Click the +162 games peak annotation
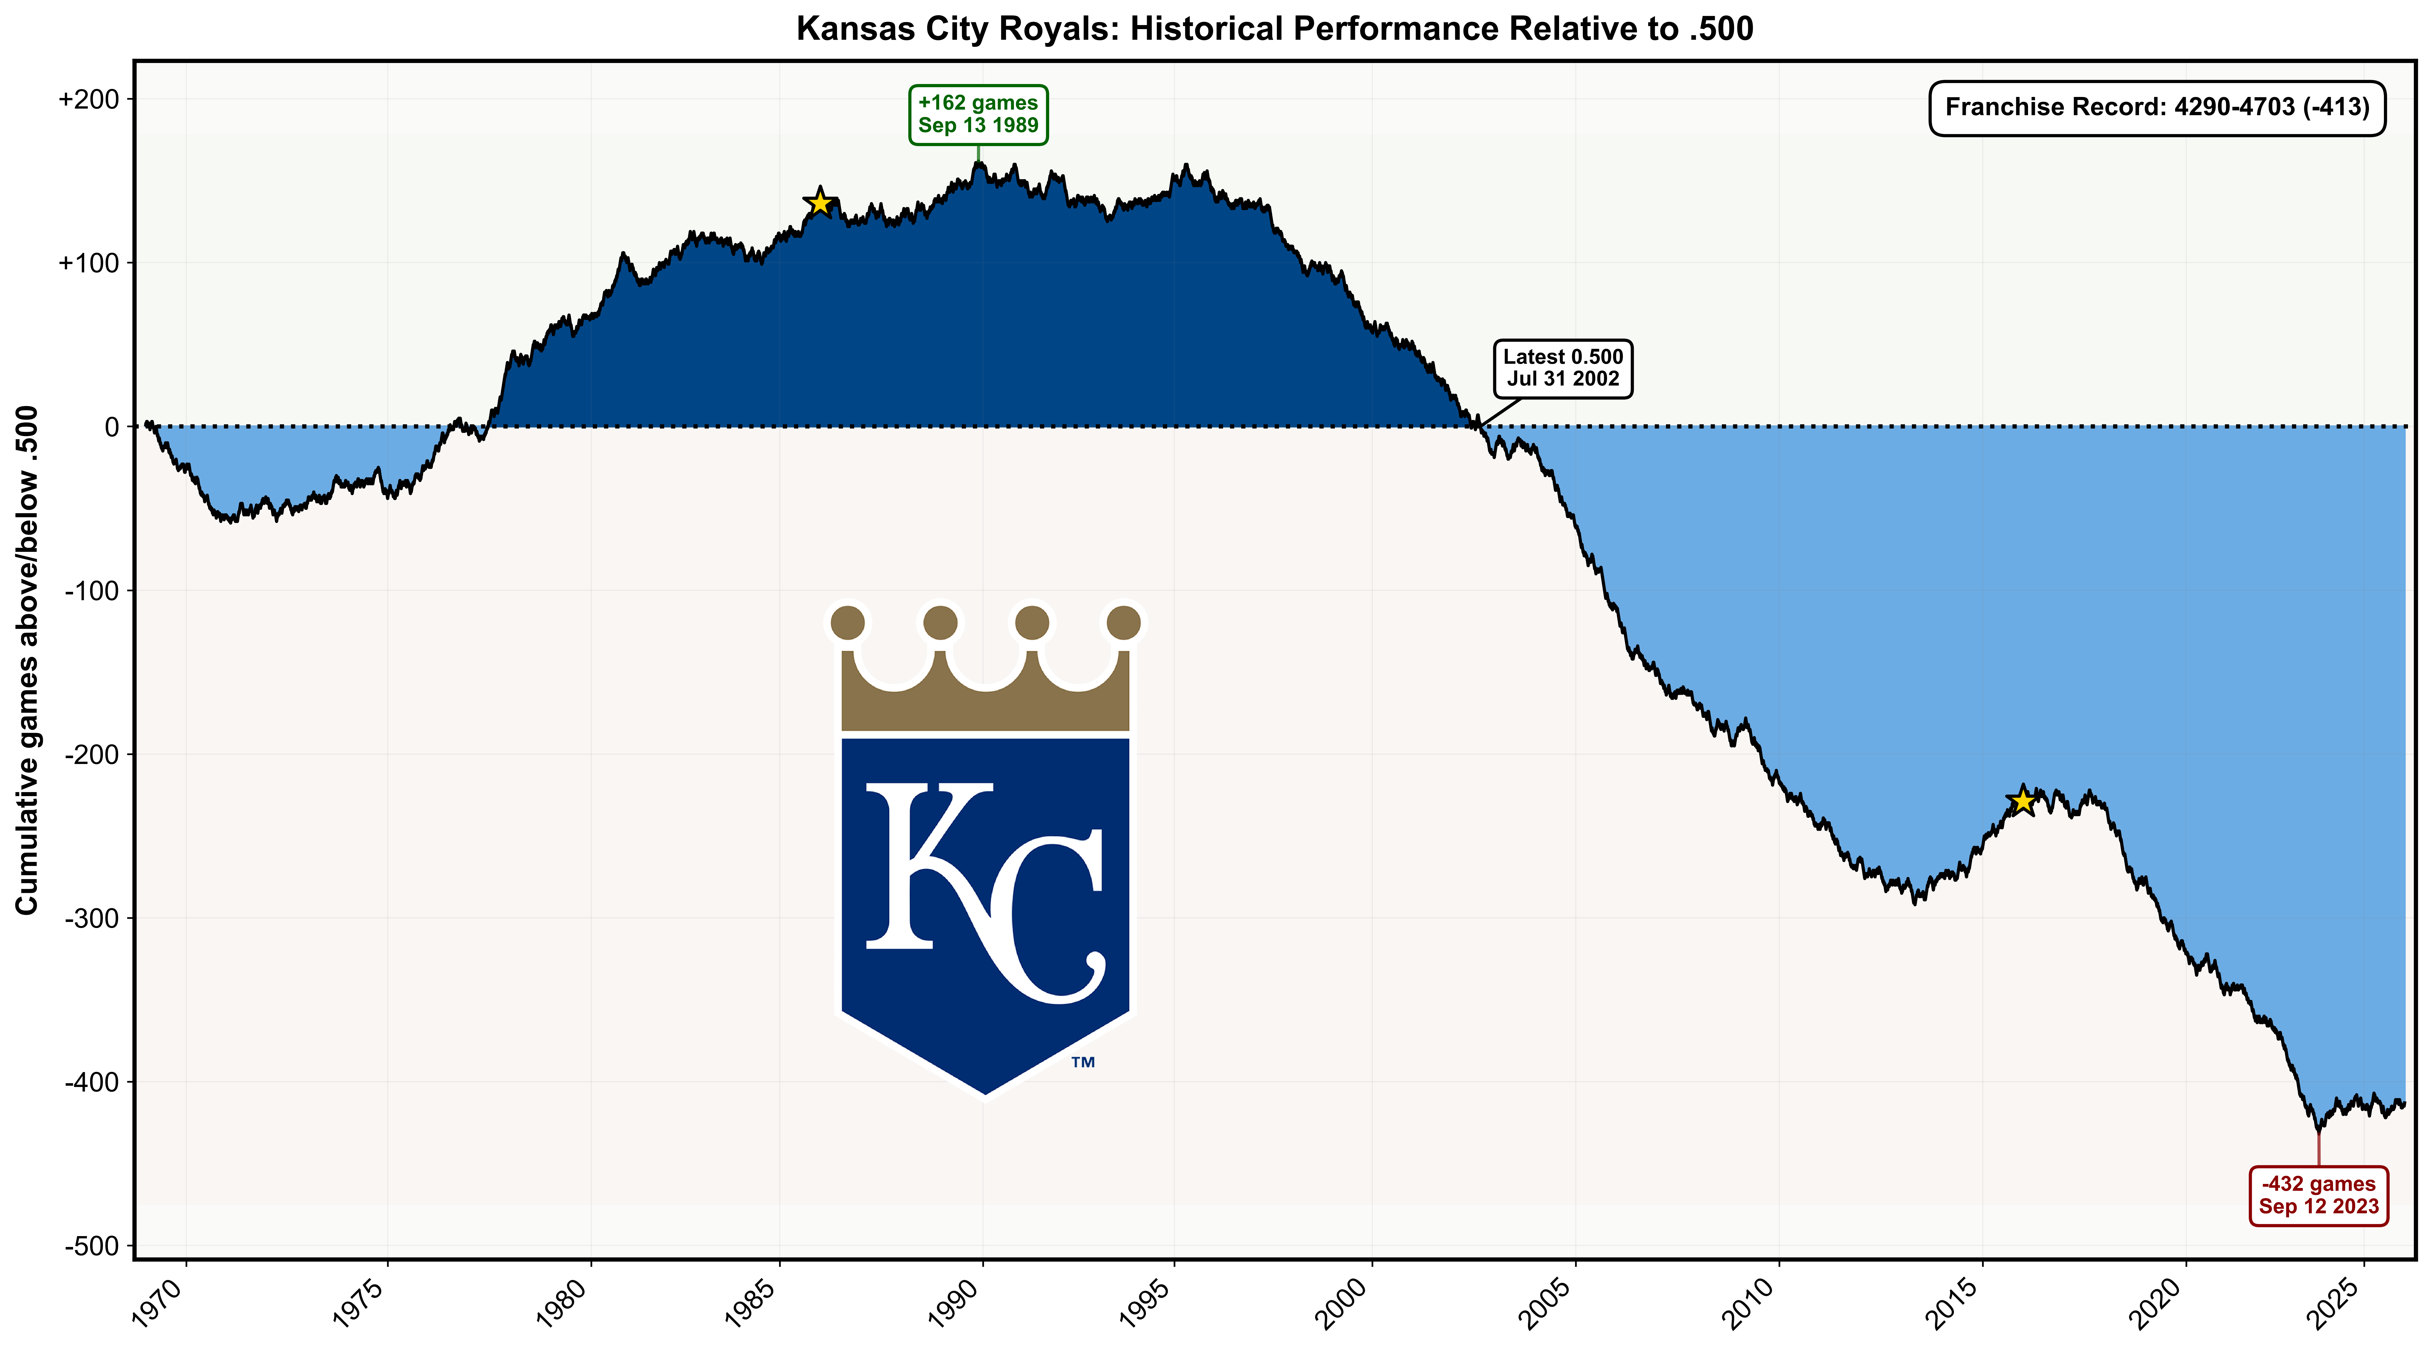[978, 114]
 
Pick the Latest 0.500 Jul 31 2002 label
[1563, 368]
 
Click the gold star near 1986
[819, 202]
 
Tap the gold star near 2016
[2021, 801]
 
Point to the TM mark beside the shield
[1082, 1062]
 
